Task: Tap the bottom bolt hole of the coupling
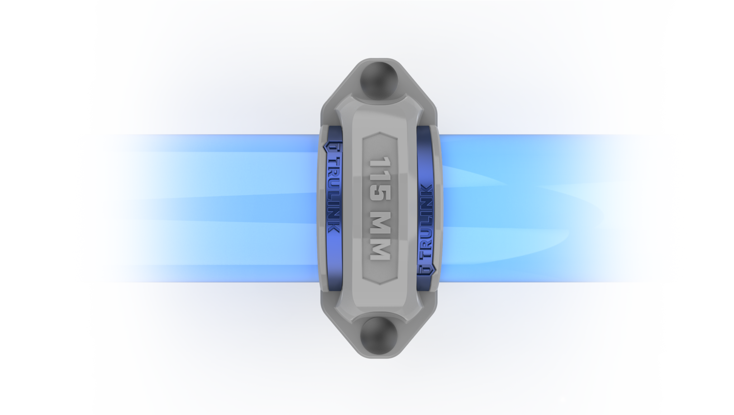[x=379, y=336]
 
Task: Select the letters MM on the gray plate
[x=380, y=235]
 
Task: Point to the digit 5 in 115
[x=380, y=193]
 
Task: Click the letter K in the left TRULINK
[x=334, y=228]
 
